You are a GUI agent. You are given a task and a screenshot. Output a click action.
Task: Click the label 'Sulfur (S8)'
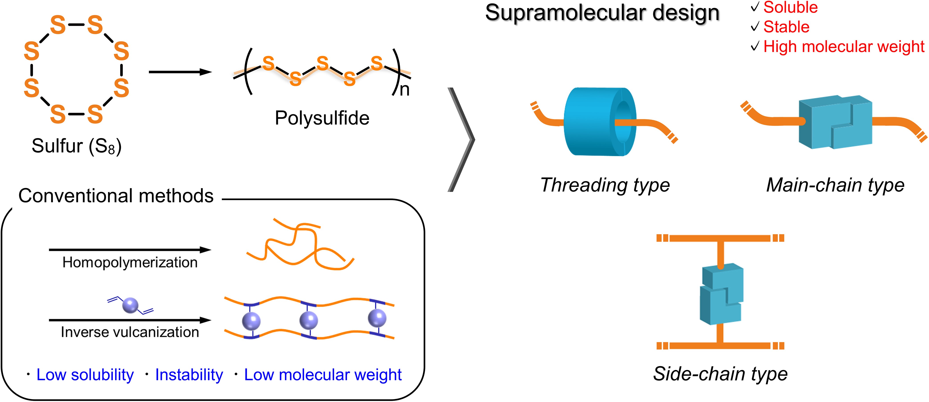coord(76,146)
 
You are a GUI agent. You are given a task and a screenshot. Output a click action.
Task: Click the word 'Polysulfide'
coord(322,118)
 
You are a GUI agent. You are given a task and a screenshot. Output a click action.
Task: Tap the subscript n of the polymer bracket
coord(405,90)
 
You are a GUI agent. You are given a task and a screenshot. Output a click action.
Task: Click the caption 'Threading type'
coord(605,185)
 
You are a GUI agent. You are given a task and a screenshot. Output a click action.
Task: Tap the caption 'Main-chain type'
coord(835,185)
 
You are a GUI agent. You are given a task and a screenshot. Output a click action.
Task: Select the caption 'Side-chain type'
coord(720,374)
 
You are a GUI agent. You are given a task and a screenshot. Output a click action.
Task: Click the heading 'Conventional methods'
coord(116,196)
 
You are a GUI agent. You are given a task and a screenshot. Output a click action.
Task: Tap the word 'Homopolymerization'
coord(130,263)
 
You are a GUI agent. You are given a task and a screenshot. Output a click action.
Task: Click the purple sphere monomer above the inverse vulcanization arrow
coord(130,305)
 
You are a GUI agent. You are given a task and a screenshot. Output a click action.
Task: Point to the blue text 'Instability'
coord(189,375)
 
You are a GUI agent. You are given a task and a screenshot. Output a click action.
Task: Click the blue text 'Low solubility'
coord(85,375)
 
